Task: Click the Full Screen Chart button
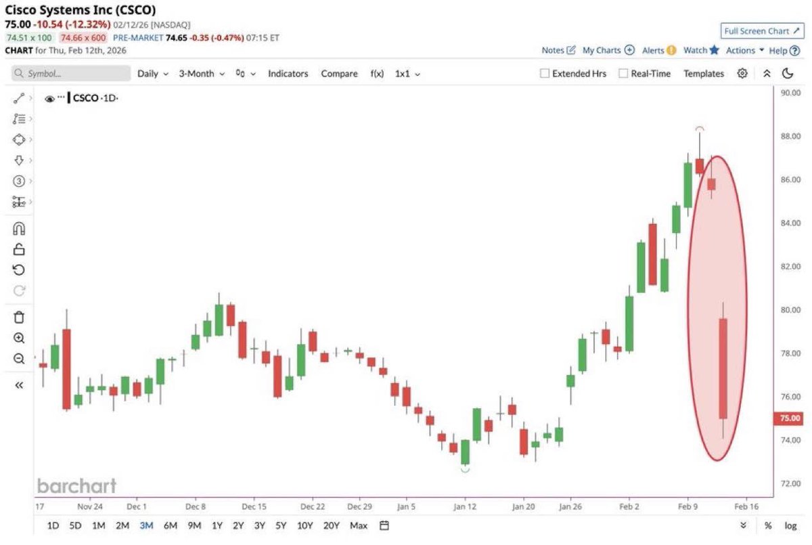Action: [761, 31]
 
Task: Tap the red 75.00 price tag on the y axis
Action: [790, 418]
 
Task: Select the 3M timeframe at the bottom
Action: [146, 525]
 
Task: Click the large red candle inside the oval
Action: [723, 369]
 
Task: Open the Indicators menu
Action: [288, 74]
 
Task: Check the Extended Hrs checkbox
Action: [544, 74]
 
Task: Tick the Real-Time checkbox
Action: [623, 74]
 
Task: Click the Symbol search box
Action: [71, 74]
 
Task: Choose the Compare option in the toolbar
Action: [339, 74]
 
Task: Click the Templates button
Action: [703, 74]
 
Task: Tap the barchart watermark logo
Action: [76, 485]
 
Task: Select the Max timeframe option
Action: [359, 525]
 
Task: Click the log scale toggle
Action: [790, 525]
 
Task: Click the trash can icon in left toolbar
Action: [19, 317]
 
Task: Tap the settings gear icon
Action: [742, 74]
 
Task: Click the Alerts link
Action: [658, 50]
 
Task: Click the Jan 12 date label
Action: [464, 506]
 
